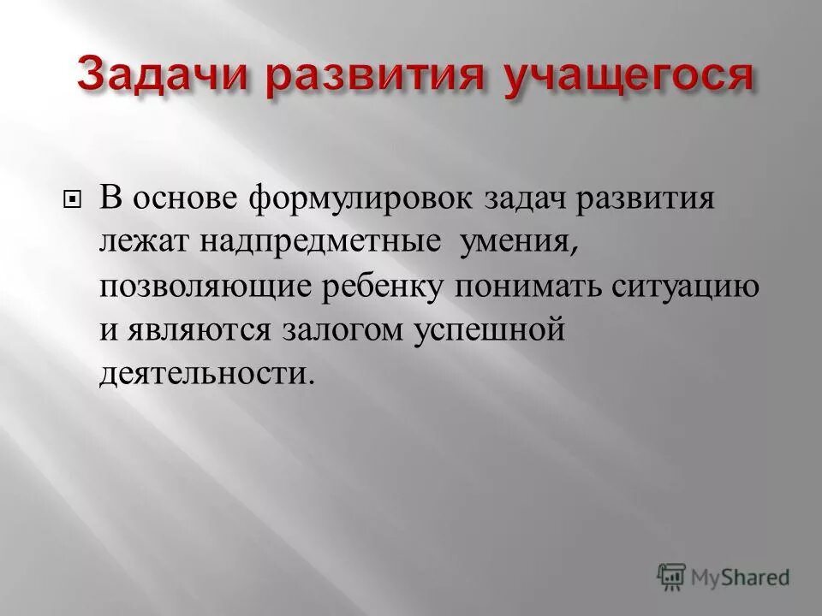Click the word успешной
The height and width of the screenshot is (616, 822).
[x=485, y=329]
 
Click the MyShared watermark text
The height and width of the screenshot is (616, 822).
[x=742, y=577]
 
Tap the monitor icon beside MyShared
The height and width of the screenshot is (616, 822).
[x=672, y=577]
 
